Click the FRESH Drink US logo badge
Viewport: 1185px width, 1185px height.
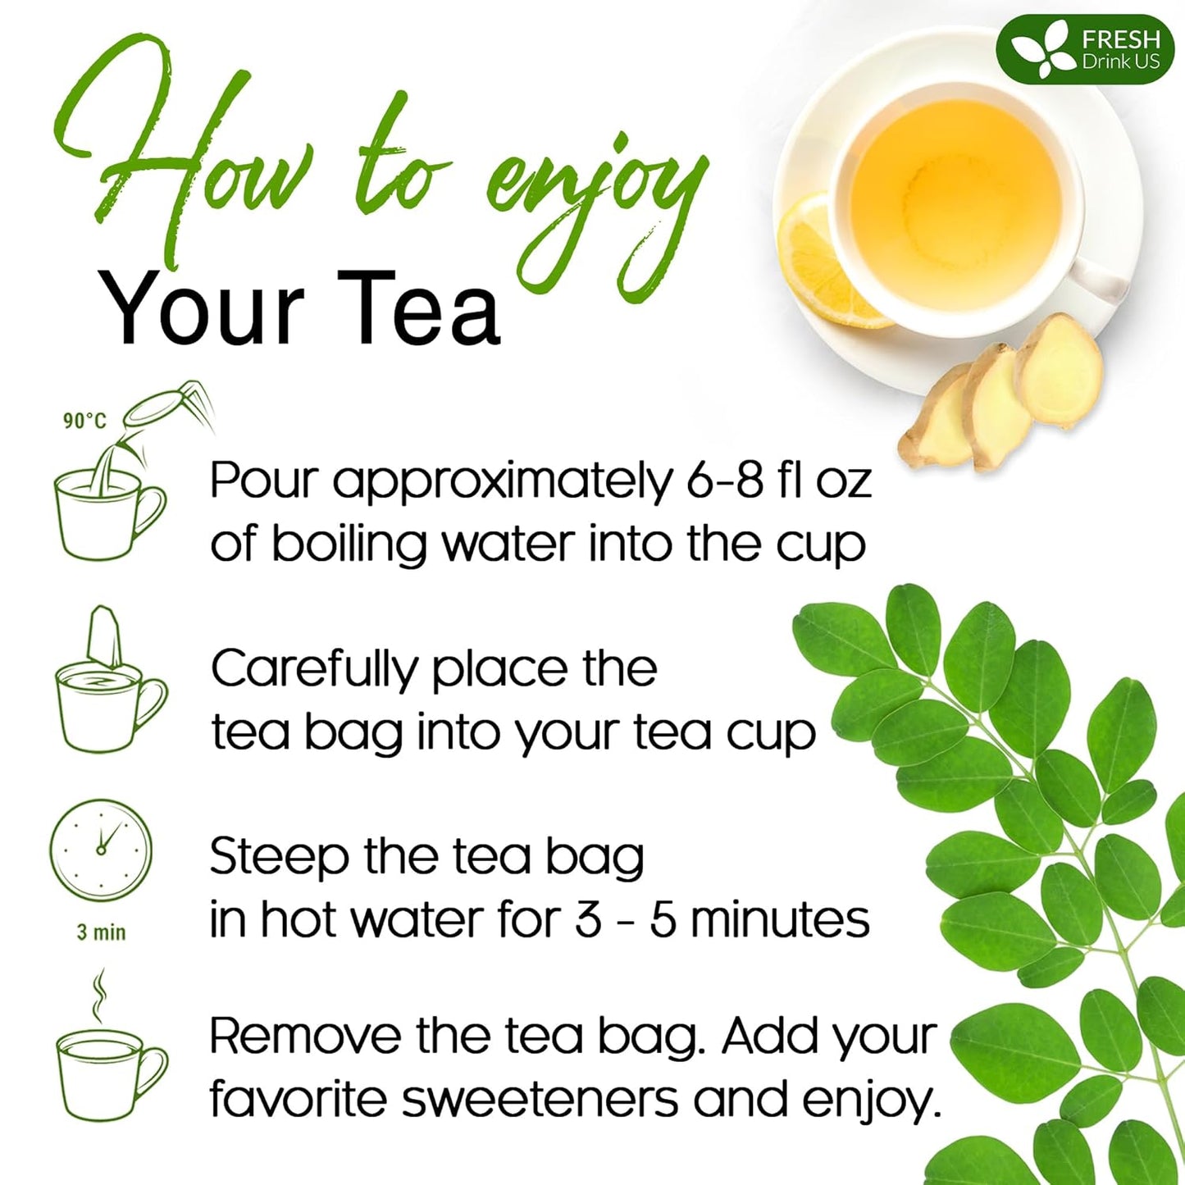pyautogui.click(x=1085, y=49)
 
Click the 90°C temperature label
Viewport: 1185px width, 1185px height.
pyautogui.click(x=84, y=421)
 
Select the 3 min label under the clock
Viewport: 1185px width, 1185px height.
pyautogui.click(x=101, y=932)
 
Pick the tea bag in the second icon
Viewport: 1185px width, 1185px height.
pyautogui.click(x=105, y=636)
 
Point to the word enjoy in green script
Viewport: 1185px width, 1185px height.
pyautogui.click(x=595, y=197)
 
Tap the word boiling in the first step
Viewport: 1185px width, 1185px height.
pyautogui.click(x=349, y=545)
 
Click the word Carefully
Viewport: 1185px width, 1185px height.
pyautogui.click(x=313, y=671)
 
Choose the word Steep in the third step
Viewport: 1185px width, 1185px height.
pyautogui.click(x=279, y=857)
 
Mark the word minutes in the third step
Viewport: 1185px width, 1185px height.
pyautogui.click(x=779, y=920)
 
